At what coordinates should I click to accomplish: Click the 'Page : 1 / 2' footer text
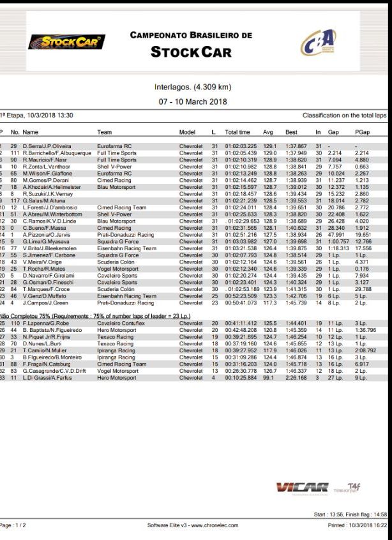tap(13, 525)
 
